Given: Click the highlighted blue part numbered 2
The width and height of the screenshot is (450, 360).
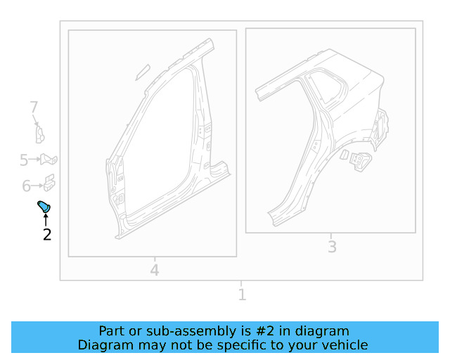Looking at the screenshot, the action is (44, 207).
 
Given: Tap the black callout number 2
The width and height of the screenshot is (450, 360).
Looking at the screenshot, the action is (47, 235).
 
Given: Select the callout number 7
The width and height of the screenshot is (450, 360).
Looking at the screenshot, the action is (34, 107).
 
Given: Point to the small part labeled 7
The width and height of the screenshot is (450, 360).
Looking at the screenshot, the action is (40, 135).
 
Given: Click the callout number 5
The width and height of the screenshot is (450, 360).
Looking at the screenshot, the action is (24, 160).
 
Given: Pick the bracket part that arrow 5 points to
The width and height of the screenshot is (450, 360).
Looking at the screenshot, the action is (49, 160).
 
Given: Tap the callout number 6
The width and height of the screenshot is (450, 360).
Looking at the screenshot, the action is (26, 186).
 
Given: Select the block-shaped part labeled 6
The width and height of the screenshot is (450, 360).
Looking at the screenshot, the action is (49, 183).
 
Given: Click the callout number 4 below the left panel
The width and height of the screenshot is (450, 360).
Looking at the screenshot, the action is (155, 270).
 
